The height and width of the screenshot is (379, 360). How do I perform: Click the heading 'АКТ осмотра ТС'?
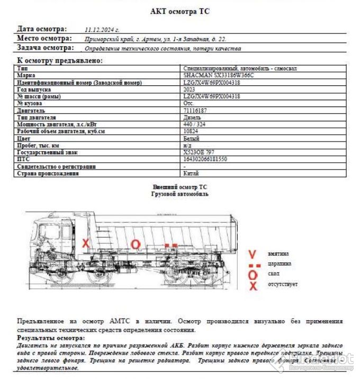(x=180, y=12)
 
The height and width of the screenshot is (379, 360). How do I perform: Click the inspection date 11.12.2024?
(x=102, y=30)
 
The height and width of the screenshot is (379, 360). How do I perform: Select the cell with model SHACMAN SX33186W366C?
(x=219, y=76)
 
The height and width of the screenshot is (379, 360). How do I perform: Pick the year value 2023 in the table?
(x=190, y=90)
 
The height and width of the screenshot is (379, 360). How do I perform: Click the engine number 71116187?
(x=195, y=110)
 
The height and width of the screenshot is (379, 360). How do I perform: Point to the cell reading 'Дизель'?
(x=192, y=117)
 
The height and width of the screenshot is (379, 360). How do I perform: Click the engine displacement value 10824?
(x=191, y=131)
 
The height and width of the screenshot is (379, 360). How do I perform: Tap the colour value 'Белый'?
(x=192, y=138)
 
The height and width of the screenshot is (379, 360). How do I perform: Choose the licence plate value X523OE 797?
(x=199, y=152)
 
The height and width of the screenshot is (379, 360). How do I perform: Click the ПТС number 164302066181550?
(x=205, y=159)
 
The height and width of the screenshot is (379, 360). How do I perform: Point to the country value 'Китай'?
(x=191, y=173)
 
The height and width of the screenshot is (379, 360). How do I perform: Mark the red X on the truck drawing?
(x=86, y=243)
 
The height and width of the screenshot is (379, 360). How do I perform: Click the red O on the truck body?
(x=136, y=244)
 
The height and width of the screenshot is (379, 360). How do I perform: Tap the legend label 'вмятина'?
(x=278, y=253)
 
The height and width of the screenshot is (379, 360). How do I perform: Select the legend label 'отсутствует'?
(x=283, y=285)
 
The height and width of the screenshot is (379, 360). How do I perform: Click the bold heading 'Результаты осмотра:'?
(x=51, y=338)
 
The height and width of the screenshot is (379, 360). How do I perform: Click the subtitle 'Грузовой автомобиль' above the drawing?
(x=180, y=194)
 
